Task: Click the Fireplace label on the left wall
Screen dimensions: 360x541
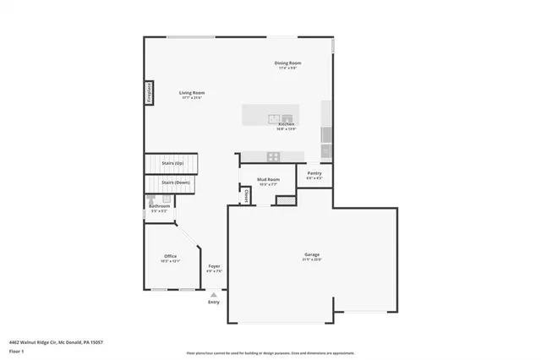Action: [149, 90]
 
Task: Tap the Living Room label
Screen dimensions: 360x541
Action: [191, 93]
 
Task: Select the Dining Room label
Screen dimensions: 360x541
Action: [287, 63]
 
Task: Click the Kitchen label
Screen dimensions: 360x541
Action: [286, 123]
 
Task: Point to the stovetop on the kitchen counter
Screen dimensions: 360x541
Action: [274, 155]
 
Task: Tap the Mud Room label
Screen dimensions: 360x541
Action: [269, 180]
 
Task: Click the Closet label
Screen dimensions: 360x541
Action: [246, 194]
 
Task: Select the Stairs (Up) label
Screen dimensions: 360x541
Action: [173, 162]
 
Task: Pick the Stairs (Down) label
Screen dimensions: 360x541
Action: [176, 183]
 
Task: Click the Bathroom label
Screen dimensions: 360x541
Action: [160, 206]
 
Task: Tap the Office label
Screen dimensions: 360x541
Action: [171, 256]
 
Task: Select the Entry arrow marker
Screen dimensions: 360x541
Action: [213, 294]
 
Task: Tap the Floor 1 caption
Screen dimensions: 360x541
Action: [16, 350]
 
